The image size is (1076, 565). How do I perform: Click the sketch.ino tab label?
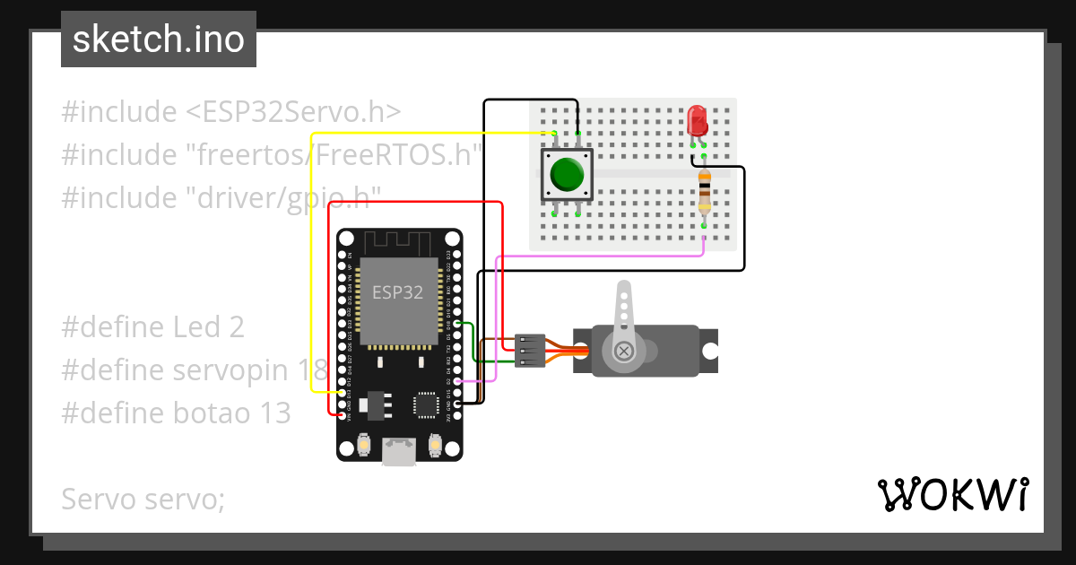[158, 39]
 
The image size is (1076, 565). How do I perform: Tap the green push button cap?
[568, 173]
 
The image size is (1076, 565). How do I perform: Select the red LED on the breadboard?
[697, 121]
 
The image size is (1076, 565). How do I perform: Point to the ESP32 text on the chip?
[398, 292]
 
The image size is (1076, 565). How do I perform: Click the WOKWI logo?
[952, 494]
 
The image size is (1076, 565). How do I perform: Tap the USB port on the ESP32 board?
[398, 452]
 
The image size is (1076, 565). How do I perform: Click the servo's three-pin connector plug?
[530, 350]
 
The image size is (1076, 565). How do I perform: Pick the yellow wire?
[311, 269]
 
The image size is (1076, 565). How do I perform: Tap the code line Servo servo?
[143, 499]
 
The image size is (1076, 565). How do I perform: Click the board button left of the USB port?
[364, 444]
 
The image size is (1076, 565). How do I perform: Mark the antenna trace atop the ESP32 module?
[399, 242]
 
